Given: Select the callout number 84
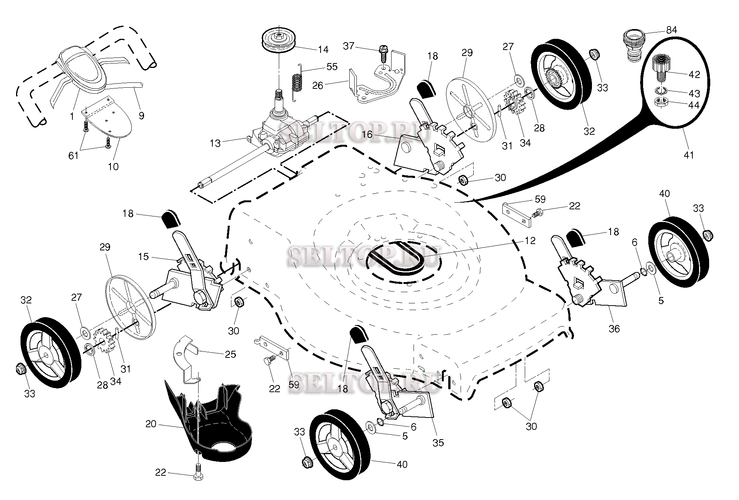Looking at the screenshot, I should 671,30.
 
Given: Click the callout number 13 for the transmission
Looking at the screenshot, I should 215,143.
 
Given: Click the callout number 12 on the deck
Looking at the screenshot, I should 530,241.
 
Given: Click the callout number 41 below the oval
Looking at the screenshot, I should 689,154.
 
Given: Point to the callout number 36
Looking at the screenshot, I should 614,329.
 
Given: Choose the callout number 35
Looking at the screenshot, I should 438,443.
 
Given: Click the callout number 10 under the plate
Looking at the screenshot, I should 113,166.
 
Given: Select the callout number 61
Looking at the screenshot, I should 73,155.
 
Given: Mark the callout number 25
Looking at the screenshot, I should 231,354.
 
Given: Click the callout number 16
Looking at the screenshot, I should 367,134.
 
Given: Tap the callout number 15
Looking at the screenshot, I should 143,257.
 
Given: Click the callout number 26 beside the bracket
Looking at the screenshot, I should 318,85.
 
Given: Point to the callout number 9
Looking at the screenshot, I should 141,116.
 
